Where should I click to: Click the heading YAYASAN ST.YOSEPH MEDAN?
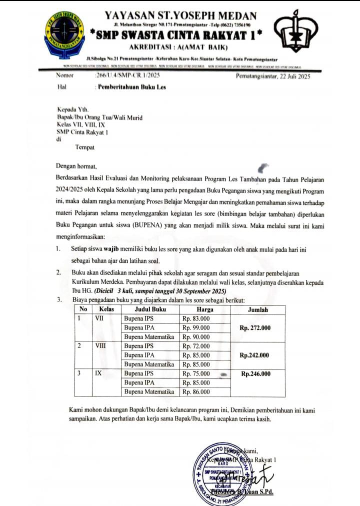coord(181,16)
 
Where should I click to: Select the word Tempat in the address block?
coord(84,147)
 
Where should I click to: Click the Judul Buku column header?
coord(150,309)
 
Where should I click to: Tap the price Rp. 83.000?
coord(196,318)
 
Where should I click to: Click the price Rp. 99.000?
coord(196,328)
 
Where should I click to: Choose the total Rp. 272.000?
coord(255,328)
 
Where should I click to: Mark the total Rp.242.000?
coord(254,355)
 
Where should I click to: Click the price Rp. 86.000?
coord(196,392)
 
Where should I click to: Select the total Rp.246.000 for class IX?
coord(255,373)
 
